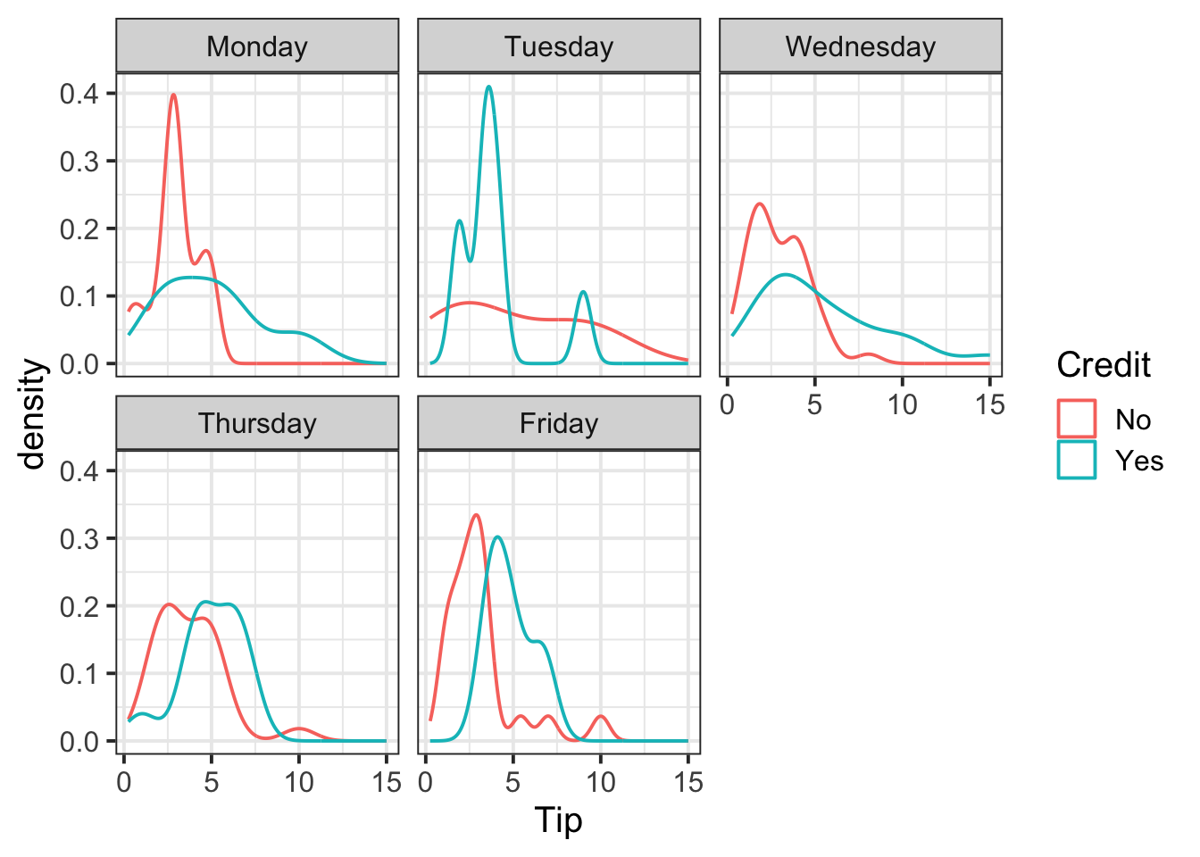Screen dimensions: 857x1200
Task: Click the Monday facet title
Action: [x=257, y=46]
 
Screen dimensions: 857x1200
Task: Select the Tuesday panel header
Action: [x=559, y=46]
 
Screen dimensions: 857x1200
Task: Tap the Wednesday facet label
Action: [x=861, y=46]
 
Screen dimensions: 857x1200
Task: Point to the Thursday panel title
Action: [x=257, y=423]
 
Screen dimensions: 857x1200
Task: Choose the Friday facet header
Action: [x=559, y=423]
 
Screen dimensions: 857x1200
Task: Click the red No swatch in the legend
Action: [x=1077, y=419]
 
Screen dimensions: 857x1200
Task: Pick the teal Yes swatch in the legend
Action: [x=1077, y=460]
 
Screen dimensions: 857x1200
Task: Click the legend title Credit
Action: [x=1104, y=365]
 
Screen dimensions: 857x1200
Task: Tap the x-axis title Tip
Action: [x=559, y=820]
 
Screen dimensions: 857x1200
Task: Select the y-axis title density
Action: [x=34, y=413]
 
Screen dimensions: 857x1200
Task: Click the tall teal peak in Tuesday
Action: [x=488, y=87]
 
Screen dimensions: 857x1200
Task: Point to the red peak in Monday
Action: [x=173, y=95]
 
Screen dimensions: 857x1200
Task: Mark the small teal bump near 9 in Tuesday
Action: [x=583, y=292]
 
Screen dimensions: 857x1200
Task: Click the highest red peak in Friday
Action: [x=476, y=515]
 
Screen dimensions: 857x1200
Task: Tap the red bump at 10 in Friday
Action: [x=601, y=716]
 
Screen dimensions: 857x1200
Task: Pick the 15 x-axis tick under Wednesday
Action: [x=989, y=404]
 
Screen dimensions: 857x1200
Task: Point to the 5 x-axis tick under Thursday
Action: [x=211, y=783]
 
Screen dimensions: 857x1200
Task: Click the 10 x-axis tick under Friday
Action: [x=601, y=783]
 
